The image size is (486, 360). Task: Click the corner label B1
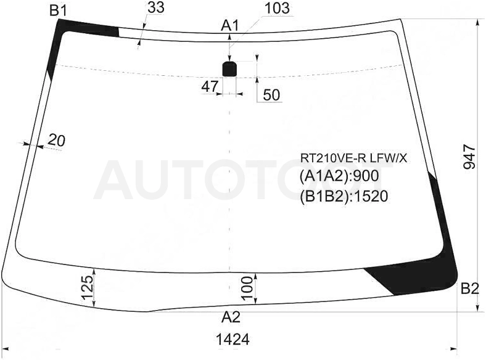point(58,11)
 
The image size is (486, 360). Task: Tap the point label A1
point(229,26)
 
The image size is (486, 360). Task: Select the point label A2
point(231,317)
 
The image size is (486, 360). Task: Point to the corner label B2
point(470,288)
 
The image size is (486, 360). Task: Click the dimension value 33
point(156,7)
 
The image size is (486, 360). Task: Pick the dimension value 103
point(277,8)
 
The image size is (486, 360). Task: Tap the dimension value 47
point(210,86)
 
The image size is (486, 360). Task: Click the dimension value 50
point(271,95)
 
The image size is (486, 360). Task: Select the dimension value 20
point(56,141)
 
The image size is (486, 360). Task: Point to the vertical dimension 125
point(88,288)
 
